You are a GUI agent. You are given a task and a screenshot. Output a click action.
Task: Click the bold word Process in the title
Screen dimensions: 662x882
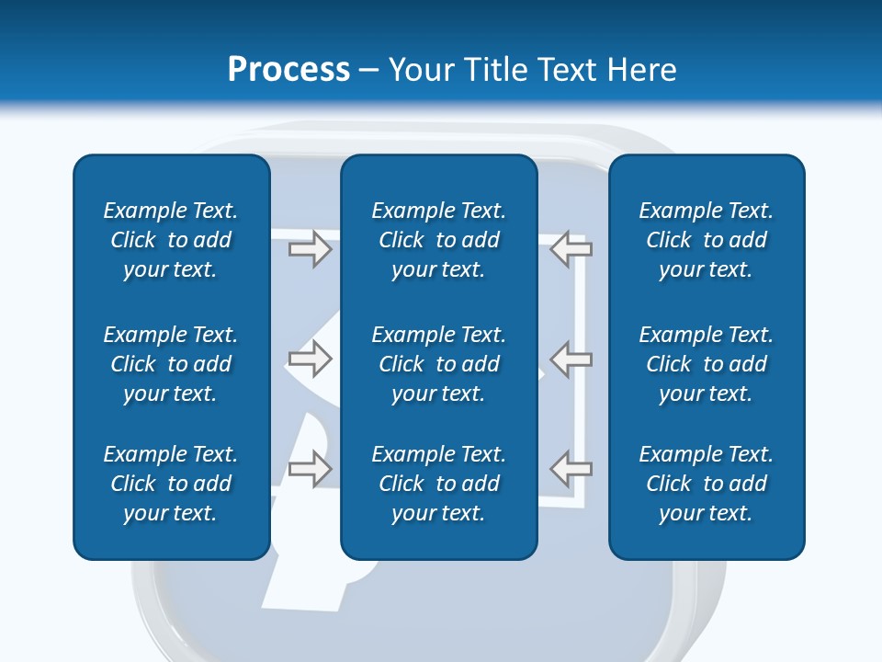(288, 70)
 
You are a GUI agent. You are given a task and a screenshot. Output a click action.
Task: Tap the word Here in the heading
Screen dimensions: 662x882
(640, 70)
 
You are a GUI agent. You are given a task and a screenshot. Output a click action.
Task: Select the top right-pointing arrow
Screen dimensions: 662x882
(310, 249)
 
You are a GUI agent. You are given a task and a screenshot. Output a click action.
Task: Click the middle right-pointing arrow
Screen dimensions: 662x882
(310, 359)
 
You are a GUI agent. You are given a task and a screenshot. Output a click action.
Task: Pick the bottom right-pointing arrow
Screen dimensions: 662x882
(310, 468)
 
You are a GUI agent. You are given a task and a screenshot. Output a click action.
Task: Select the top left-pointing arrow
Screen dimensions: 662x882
(571, 248)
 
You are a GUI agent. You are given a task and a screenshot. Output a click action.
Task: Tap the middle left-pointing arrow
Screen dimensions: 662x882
(571, 359)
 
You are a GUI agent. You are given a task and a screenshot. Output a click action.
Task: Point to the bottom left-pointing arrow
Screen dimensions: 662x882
(571, 468)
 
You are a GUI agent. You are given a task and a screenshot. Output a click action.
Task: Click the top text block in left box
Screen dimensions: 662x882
(171, 240)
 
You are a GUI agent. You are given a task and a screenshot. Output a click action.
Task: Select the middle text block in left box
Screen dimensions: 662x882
(171, 364)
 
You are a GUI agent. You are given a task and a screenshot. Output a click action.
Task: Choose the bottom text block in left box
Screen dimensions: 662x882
(171, 484)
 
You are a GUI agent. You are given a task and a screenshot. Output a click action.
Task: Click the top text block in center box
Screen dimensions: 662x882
(439, 240)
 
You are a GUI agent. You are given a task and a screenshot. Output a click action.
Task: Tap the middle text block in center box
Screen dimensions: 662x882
(439, 364)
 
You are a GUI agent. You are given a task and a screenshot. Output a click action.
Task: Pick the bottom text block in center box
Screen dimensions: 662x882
(439, 484)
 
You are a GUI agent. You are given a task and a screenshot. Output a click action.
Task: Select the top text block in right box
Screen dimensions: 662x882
(707, 240)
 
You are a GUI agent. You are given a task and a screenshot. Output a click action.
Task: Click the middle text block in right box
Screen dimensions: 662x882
(707, 364)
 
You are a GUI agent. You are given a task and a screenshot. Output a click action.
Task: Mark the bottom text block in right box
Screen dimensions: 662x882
(707, 484)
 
